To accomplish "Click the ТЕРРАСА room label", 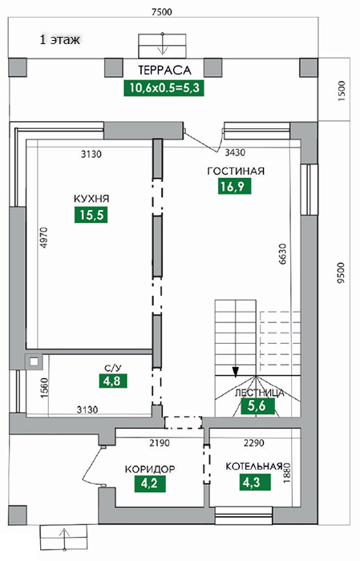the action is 164,71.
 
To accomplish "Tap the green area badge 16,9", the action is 234,186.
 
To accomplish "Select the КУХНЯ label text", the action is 91,199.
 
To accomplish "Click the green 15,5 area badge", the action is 91,215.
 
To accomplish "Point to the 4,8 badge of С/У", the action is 113,381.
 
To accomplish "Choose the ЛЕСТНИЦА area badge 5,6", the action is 257,406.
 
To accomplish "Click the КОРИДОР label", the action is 150,469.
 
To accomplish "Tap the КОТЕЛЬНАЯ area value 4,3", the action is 255,482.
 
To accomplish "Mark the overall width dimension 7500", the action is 162,12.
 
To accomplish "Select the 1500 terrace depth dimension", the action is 342,91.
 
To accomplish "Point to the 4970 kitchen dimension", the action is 43,238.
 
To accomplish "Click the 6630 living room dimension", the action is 283,254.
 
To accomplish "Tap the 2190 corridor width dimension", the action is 160,443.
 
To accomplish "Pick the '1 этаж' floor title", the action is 60,39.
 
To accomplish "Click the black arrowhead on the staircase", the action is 235,372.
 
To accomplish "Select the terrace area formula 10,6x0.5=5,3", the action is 164,88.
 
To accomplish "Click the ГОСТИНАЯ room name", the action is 236,171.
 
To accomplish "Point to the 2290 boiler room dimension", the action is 254,443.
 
